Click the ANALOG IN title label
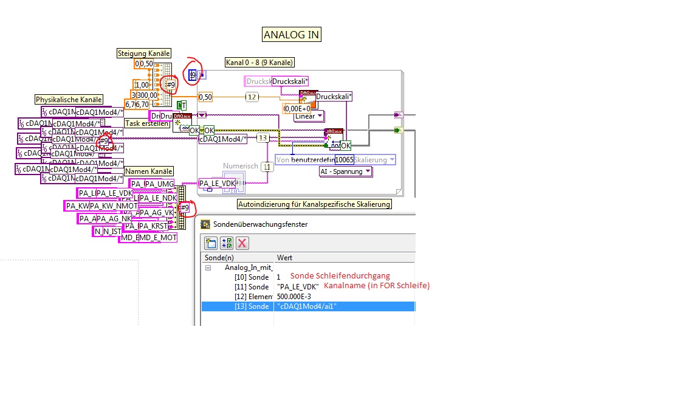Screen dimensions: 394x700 point(292,35)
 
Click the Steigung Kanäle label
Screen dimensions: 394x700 point(144,54)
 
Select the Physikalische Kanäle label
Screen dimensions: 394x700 point(69,100)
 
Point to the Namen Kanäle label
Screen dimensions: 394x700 point(149,171)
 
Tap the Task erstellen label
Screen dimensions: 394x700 point(146,123)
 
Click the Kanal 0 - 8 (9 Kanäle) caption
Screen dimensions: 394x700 point(259,62)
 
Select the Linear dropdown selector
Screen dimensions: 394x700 point(309,116)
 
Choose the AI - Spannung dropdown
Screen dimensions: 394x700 point(346,171)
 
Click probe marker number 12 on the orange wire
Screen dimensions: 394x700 point(252,97)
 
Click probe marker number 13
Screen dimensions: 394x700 point(262,138)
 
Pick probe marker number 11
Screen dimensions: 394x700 point(266,167)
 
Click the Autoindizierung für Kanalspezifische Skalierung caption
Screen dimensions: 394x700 point(314,204)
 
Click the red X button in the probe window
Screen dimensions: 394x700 point(242,243)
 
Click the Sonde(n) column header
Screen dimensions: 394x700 point(219,257)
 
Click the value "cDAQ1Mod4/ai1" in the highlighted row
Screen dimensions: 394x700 point(307,306)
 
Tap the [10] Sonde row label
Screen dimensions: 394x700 point(251,277)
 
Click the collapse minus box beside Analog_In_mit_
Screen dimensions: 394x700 point(208,267)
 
